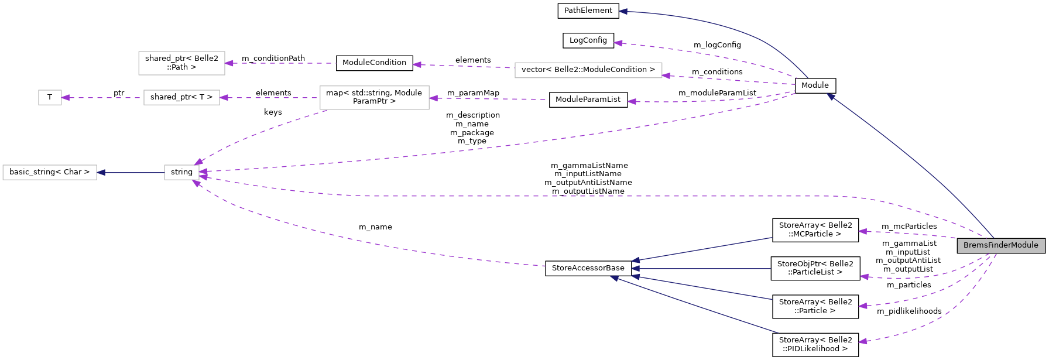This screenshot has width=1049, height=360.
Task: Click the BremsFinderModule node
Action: click(1000, 245)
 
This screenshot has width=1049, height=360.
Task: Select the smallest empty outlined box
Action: click(50, 97)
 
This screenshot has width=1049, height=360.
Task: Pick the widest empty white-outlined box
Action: click(588, 70)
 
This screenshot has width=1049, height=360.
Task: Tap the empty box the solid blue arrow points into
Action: click(50, 172)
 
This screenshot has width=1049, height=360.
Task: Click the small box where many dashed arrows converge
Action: click(181, 172)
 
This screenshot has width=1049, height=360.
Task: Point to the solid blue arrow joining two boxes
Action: click(131, 172)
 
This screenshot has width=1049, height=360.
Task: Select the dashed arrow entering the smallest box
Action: click(102, 98)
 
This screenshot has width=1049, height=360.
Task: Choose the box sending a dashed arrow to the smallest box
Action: click(181, 97)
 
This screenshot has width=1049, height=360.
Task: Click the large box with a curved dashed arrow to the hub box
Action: click(374, 97)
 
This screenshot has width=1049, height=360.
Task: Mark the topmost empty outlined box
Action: click(181, 63)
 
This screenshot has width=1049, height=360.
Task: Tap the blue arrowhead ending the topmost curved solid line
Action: click(623, 11)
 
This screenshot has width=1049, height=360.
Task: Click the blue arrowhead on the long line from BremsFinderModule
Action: click(831, 97)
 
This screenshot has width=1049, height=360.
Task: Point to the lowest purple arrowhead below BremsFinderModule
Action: click(862, 341)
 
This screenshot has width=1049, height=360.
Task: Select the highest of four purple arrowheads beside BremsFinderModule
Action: click(862, 231)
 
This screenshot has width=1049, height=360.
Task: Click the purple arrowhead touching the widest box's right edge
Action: click(666, 76)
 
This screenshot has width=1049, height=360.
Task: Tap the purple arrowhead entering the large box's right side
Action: click(433, 98)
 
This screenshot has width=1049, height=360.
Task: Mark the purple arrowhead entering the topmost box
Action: click(229, 63)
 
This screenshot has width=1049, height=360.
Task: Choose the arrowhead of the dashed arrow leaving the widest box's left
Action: click(417, 64)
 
